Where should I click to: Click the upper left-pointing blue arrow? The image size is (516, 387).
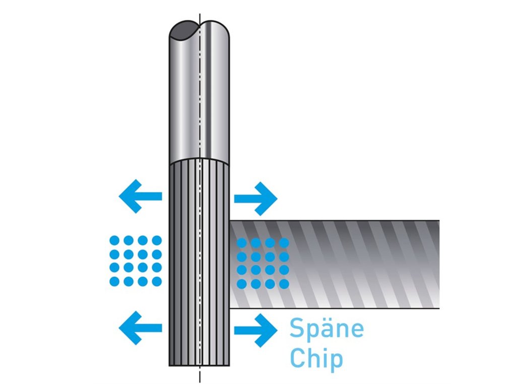coord(140,196)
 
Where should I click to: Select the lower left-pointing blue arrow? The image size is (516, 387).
coord(140,328)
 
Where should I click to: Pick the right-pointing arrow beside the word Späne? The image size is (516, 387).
coord(256,330)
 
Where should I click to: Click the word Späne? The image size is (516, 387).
coord(326,330)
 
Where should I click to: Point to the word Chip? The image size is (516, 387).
coord(316,358)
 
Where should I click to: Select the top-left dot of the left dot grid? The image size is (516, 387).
coord(114,240)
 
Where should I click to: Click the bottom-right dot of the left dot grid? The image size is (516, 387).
coord(157,281)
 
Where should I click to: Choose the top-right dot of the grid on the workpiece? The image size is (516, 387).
coord(284,243)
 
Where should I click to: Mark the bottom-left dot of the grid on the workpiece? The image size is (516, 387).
coord(242,284)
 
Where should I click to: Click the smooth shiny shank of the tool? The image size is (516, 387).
coord(200,101)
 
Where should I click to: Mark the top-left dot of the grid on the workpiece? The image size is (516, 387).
coord(242,243)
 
